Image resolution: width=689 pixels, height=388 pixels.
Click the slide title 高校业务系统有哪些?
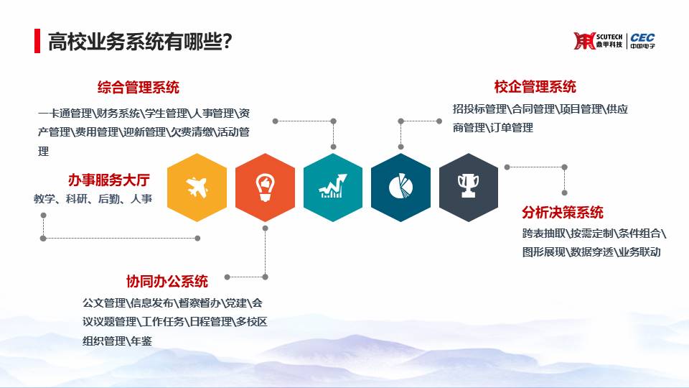pyautogui.click(x=140, y=42)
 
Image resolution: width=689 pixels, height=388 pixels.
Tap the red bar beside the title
pyautogui.click(x=37, y=42)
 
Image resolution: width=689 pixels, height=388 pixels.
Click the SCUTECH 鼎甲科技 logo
pyautogui.click(x=598, y=41)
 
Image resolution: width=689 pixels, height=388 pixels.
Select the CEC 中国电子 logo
pyautogui.click(x=642, y=41)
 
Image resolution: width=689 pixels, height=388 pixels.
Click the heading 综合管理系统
pyautogui.click(x=139, y=87)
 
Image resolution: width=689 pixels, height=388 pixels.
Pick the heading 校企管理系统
pyautogui.click(x=535, y=87)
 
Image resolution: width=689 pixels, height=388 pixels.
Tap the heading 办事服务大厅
pyautogui.click(x=109, y=180)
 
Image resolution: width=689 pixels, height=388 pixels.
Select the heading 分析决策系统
pyautogui.click(x=563, y=213)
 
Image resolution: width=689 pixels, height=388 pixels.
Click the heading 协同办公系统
pyautogui.click(x=167, y=281)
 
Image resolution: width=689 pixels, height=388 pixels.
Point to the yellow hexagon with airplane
pyautogui.click(x=197, y=188)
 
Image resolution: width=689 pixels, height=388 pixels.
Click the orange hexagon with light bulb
pyautogui.click(x=265, y=188)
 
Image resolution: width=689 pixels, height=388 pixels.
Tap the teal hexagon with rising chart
pyautogui.click(x=333, y=188)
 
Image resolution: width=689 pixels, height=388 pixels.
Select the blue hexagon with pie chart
pyautogui.click(x=400, y=188)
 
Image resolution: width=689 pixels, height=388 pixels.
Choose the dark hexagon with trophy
pyautogui.click(x=469, y=188)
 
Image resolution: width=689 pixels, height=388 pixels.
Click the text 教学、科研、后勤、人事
pyautogui.click(x=93, y=199)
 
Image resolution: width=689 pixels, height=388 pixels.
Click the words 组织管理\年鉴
pyautogui.click(x=117, y=341)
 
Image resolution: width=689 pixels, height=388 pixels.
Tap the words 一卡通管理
pyautogui.click(x=65, y=114)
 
